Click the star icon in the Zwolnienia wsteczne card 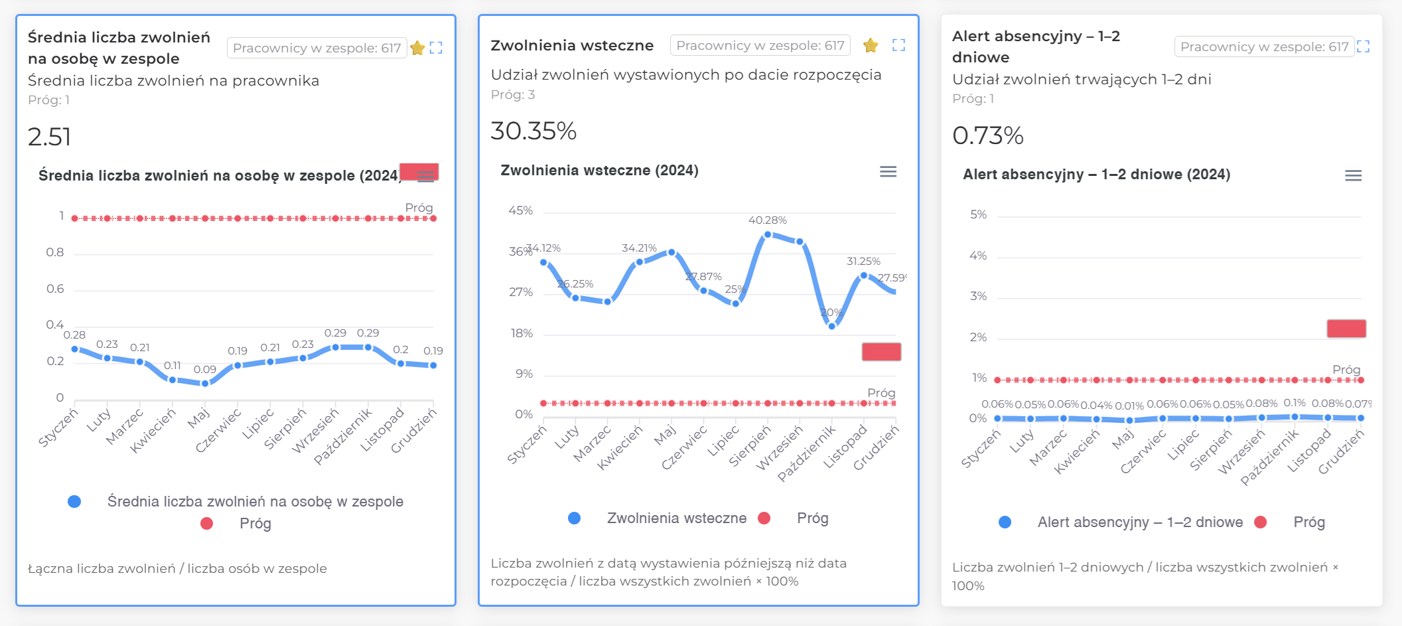click(871, 45)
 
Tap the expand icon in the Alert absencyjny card click(1363, 46)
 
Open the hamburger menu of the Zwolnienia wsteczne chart click(888, 172)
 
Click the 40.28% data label click(767, 220)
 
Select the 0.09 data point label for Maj click(205, 369)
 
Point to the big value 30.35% click(533, 131)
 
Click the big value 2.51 click(49, 137)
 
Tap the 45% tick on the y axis click(521, 210)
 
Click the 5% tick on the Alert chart click(978, 214)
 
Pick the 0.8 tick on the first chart click(55, 252)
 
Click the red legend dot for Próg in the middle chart click(764, 518)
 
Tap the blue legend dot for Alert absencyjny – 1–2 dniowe click(1005, 522)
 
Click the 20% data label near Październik click(831, 312)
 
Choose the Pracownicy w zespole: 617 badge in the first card click(316, 48)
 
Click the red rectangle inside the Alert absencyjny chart click(1346, 329)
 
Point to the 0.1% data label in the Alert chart click(1295, 403)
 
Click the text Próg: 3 click(512, 95)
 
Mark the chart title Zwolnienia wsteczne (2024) click(599, 171)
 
